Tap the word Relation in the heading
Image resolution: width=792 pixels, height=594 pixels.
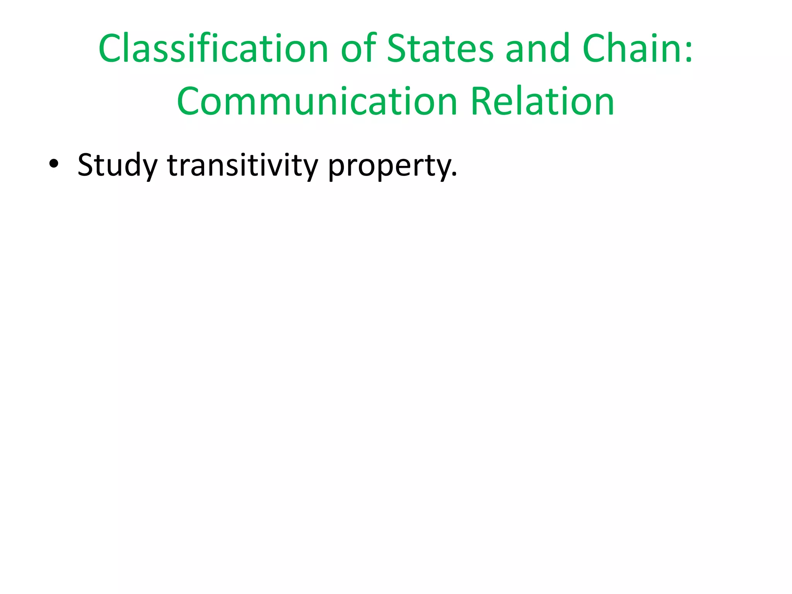click(542, 101)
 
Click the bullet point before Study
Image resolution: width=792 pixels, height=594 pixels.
click(54, 164)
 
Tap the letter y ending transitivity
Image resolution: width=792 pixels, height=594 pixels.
click(311, 168)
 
